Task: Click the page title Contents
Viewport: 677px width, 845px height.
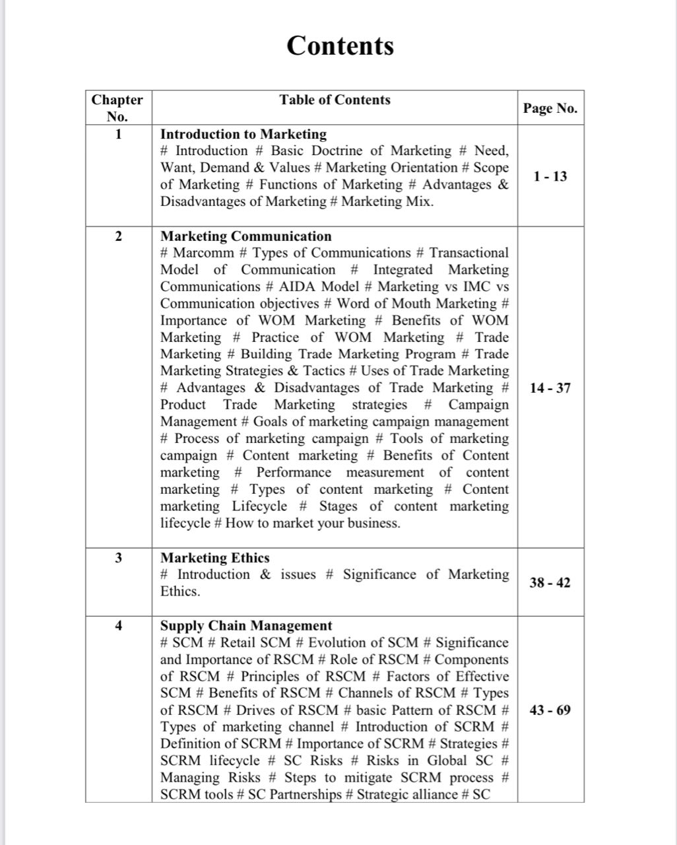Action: (340, 46)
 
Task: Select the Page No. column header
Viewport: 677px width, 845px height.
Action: (550, 108)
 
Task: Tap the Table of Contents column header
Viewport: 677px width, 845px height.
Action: (335, 100)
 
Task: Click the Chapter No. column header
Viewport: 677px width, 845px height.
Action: (117, 108)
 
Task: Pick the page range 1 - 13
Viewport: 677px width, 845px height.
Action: (550, 176)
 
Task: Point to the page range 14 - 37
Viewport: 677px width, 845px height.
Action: (550, 388)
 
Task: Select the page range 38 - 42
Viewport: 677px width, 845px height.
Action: (550, 582)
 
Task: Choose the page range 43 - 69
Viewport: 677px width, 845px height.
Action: (550, 710)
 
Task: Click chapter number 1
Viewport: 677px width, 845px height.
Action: (119, 135)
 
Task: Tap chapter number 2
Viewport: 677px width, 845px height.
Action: (119, 236)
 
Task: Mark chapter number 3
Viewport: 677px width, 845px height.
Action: (119, 558)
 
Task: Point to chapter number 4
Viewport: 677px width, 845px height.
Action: (119, 626)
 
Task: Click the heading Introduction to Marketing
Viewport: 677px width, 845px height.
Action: (243, 135)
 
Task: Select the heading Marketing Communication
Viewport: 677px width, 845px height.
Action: (246, 236)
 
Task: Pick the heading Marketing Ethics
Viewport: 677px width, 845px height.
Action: (215, 558)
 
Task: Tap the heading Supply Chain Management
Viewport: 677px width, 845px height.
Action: (246, 626)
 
